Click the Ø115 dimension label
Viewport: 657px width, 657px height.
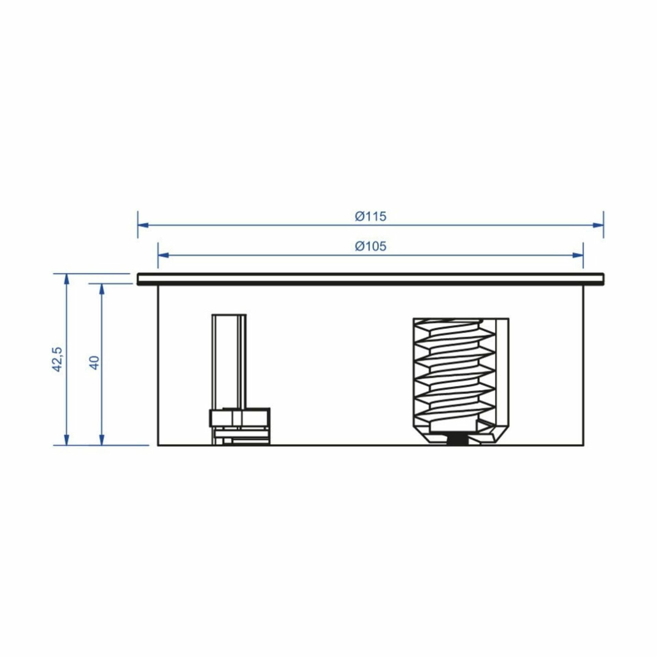pyautogui.click(x=371, y=217)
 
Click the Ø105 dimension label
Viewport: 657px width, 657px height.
pyautogui.click(x=371, y=246)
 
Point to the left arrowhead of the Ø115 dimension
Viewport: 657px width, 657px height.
pyautogui.click(x=143, y=225)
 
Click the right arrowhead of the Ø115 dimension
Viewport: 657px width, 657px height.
pyautogui.click(x=598, y=225)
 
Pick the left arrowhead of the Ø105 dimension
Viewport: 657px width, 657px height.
pyautogui.click(x=163, y=255)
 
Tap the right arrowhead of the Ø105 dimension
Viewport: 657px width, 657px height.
pyautogui.click(x=578, y=255)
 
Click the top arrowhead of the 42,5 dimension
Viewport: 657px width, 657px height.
pyautogui.click(x=67, y=279)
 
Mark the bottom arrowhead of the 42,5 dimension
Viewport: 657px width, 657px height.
pyautogui.click(x=67, y=440)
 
